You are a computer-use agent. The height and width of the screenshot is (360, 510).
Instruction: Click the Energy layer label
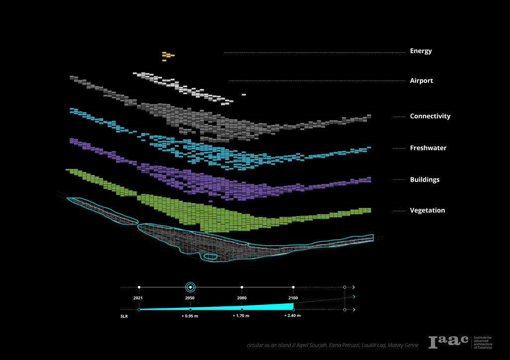tap(421, 51)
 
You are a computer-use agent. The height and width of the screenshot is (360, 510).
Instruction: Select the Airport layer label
tap(421, 81)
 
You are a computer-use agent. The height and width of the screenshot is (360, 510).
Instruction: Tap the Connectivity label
tap(430, 116)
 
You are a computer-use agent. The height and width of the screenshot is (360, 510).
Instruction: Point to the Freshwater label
tap(428, 148)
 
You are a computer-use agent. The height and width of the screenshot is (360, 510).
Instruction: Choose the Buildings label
tap(424, 180)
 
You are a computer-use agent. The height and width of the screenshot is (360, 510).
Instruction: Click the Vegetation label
tap(427, 210)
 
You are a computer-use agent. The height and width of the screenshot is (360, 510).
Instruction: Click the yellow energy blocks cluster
tap(167, 55)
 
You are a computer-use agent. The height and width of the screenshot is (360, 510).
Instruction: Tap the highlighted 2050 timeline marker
tap(190, 287)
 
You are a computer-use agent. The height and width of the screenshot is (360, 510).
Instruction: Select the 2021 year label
tap(138, 297)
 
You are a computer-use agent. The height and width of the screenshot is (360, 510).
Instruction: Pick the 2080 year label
tap(242, 297)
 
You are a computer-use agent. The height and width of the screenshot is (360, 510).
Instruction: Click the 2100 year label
tap(293, 297)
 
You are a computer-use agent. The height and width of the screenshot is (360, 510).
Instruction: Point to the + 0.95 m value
tap(190, 316)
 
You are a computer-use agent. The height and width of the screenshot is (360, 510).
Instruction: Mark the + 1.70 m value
tap(242, 316)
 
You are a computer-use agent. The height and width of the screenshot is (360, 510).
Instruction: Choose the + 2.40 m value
tap(292, 316)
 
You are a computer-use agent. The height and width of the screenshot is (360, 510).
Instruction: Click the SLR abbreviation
tap(124, 316)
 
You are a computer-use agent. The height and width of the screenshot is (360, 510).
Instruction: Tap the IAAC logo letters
tap(448, 342)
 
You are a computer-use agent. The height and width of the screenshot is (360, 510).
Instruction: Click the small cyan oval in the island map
tap(210, 257)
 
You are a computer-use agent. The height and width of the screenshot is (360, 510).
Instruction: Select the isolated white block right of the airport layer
tap(244, 94)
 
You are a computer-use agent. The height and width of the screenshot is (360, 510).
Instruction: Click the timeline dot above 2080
tap(242, 287)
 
